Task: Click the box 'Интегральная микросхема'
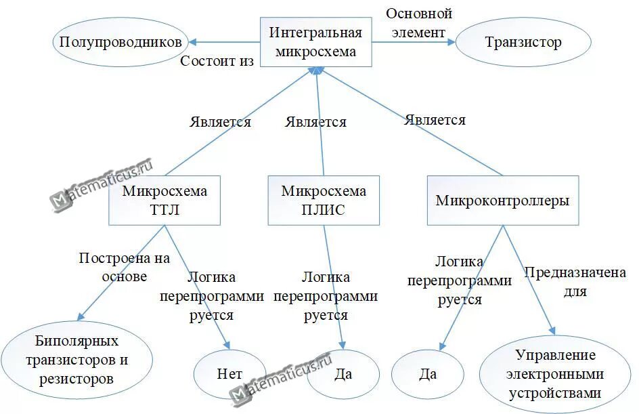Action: [x=316, y=42]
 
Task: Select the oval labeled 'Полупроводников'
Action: [x=120, y=42]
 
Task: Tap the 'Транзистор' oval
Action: [x=523, y=42]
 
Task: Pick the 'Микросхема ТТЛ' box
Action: [x=164, y=200]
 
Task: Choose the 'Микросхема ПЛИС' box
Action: [x=324, y=200]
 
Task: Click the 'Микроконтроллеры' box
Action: [x=503, y=201]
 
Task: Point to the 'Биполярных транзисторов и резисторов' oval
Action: [x=77, y=359]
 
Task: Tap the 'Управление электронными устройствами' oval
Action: [x=555, y=374]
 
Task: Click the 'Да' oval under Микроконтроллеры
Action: [x=427, y=373]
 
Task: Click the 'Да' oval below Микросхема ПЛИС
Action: [x=343, y=373]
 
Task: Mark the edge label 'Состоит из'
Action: [x=217, y=61]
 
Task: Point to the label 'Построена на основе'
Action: [x=124, y=267]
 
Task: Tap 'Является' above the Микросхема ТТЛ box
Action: [x=220, y=122]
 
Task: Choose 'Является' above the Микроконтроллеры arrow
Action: [x=435, y=120]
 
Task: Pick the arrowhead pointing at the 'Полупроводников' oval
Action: [x=192, y=42]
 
